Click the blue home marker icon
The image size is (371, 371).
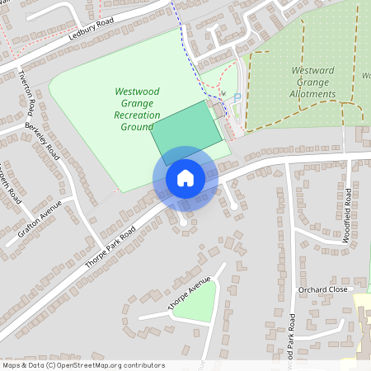pos(185,178)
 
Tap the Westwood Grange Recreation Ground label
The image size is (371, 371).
pos(137,109)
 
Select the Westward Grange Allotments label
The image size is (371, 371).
pos(312,82)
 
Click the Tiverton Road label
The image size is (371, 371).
pos(27,91)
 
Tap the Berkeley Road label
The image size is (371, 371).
pos(43,141)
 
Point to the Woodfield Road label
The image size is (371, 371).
pos(347,218)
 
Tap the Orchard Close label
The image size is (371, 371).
pos(322,291)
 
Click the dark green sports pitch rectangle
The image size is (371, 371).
pos(188,132)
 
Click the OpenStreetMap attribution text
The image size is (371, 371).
pos(83,364)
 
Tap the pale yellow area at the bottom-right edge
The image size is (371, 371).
pos(363,322)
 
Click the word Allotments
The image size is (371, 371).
pos(313,94)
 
